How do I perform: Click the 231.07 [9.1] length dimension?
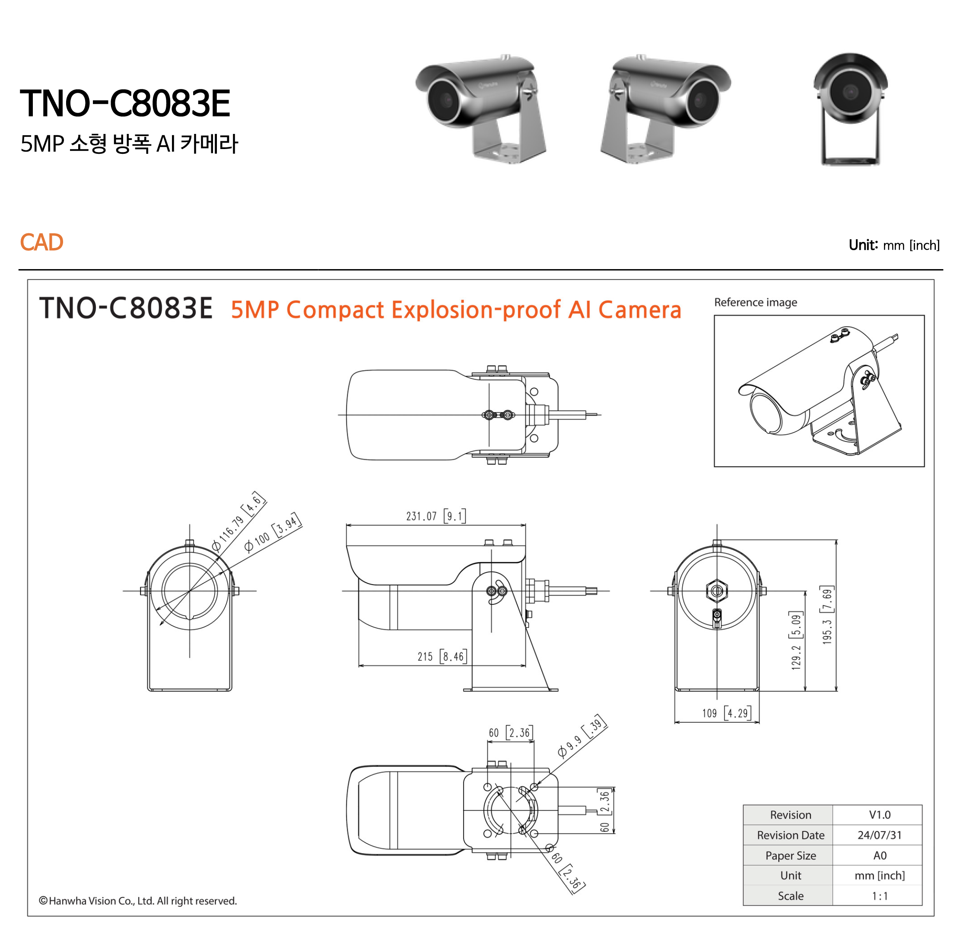pos(435,516)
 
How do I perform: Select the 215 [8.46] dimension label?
pos(442,656)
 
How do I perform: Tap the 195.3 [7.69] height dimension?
pos(827,615)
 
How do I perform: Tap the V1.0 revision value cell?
pos(879,815)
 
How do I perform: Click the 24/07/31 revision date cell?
pos(879,835)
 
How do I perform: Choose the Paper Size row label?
pos(790,856)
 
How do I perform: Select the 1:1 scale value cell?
pos(879,896)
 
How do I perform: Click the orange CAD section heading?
pos(41,242)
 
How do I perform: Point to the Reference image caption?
pos(755,302)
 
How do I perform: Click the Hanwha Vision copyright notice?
pos(138,901)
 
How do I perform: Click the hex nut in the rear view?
pos(716,591)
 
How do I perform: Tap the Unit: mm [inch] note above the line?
pos(893,245)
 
